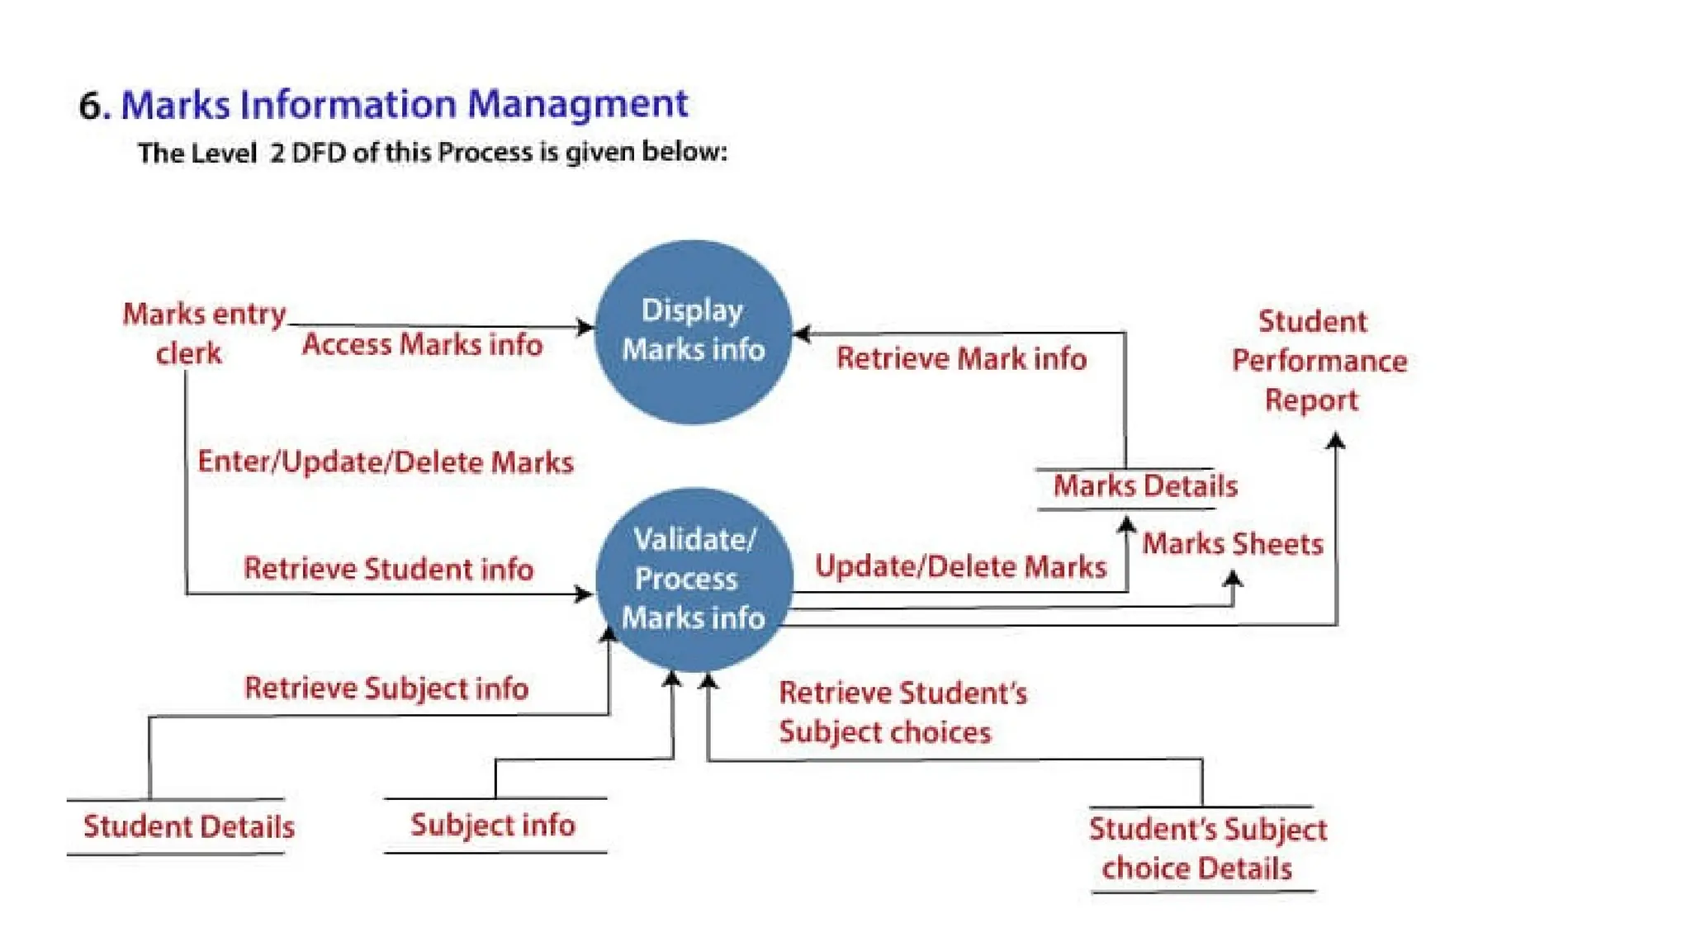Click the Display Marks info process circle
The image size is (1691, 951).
(x=693, y=332)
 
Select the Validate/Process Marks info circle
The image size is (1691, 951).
(x=693, y=580)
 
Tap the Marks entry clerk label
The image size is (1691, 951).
(x=198, y=334)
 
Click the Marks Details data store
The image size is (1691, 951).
(x=1144, y=486)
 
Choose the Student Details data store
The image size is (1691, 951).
(x=188, y=826)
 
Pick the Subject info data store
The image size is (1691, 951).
(x=493, y=825)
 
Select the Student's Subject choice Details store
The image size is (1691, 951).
(x=1205, y=849)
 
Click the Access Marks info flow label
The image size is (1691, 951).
(x=422, y=344)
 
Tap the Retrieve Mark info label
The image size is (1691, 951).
(x=961, y=358)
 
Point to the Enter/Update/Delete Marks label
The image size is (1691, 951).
(x=385, y=462)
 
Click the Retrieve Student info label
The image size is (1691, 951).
(x=388, y=569)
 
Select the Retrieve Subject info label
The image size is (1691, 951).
(x=386, y=688)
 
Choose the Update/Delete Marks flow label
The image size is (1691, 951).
(x=960, y=566)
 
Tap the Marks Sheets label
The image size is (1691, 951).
(x=1232, y=544)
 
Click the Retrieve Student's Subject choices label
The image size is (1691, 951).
(x=902, y=712)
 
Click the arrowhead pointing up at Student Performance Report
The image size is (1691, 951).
(x=1335, y=442)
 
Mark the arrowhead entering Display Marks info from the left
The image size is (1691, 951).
(x=585, y=328)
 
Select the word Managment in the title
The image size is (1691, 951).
(x=577, y=105)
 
